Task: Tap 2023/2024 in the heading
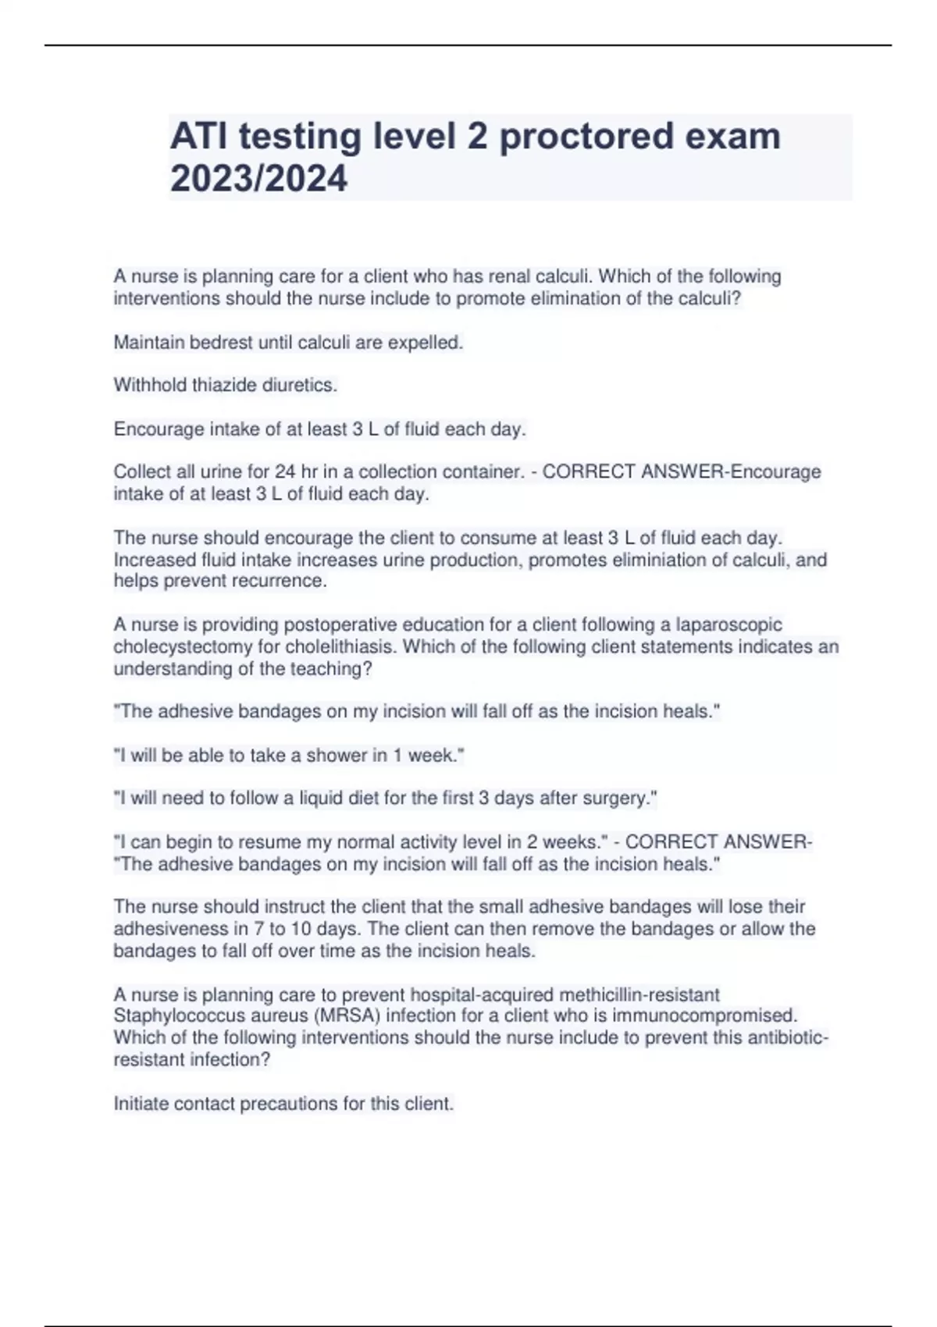[258, 179]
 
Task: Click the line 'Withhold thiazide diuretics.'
[226, 385]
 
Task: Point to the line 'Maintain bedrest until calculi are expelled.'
[288, 342]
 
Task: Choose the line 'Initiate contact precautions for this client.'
[283, 1104]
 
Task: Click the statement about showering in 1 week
[289, 755]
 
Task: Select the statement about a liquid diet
[385, 798]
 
